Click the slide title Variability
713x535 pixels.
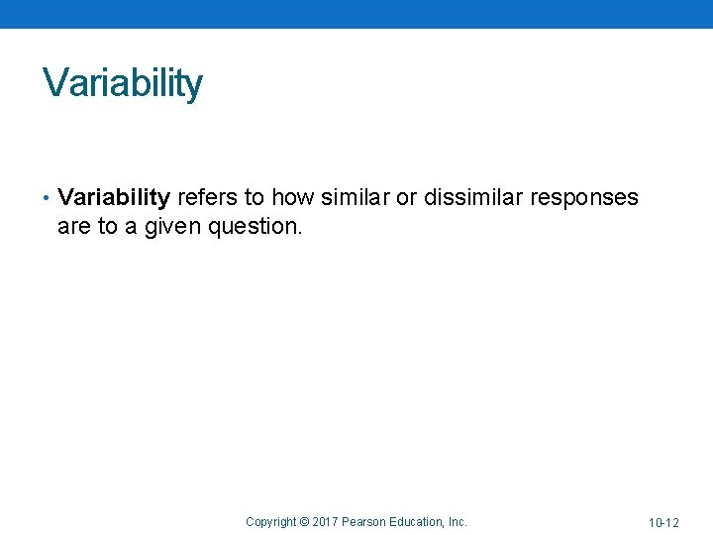[122, 83]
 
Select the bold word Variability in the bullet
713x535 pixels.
[114, 197]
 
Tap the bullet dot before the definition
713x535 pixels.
[47, 198]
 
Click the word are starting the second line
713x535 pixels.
[74, 226]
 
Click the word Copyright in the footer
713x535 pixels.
[270, 521]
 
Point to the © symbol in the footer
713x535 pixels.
[305, 521]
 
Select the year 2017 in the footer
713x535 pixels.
[327, 521]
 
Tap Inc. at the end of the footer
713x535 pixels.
[458, 521]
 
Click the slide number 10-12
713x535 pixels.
[663, 522]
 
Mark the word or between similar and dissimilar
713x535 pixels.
[406, 197]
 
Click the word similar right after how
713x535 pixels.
[354, 197]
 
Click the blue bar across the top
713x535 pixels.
[356, 14]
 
